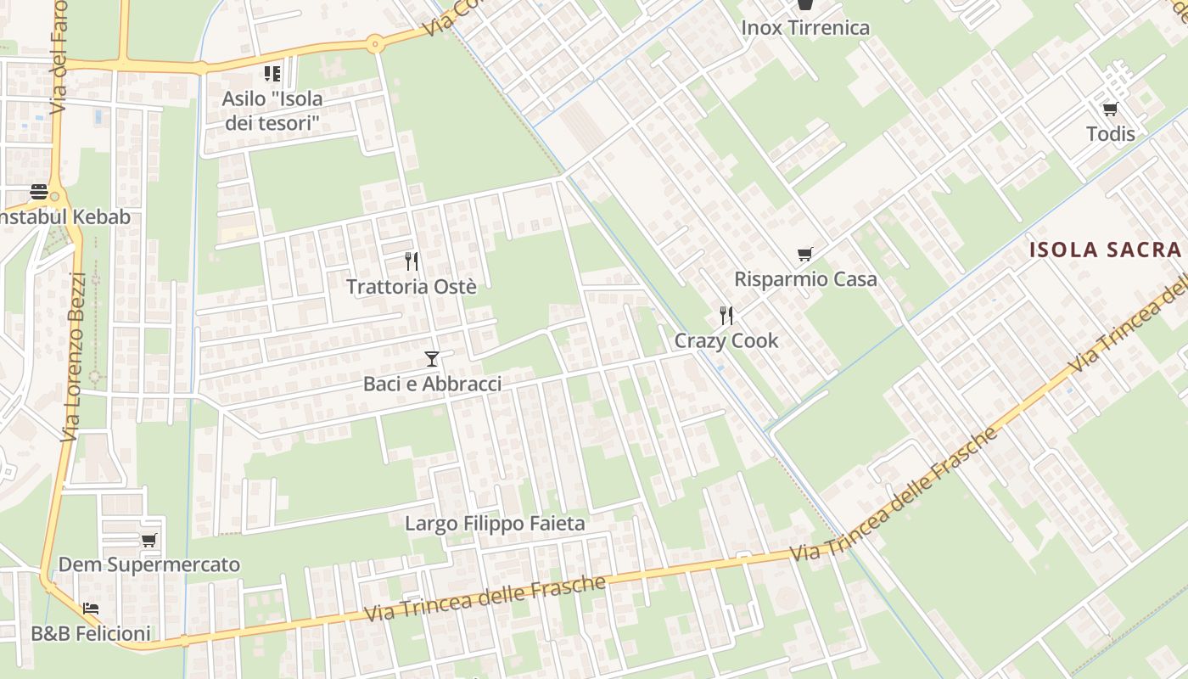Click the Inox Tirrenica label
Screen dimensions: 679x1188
[805, 28]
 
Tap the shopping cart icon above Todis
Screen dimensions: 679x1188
[1110, 109]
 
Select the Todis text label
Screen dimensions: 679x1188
[1110, 133]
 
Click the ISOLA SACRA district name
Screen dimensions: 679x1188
[1105, 250]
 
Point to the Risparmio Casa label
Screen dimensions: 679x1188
[805, 279]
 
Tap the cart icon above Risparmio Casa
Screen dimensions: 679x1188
[805, 254]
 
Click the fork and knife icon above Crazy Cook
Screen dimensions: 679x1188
[726, 316]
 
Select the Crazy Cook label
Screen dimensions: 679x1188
[726, 340]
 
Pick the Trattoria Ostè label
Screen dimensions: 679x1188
[412, 287]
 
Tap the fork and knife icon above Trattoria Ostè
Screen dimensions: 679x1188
[412, 261]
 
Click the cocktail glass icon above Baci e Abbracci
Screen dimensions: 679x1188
[432, 359]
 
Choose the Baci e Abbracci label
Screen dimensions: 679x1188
[433, 384]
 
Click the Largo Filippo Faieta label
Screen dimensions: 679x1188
[495, 524]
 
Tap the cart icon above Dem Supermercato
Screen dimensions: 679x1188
[149, 540]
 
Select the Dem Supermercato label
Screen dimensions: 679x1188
[149, 564]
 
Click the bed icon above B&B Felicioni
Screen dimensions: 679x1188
[91, 609]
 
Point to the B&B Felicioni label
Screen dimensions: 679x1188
[91, 633]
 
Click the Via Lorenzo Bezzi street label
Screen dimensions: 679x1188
[75, 356]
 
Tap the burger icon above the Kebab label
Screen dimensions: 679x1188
[39, 192]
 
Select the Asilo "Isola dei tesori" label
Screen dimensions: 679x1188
[272, 110]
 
